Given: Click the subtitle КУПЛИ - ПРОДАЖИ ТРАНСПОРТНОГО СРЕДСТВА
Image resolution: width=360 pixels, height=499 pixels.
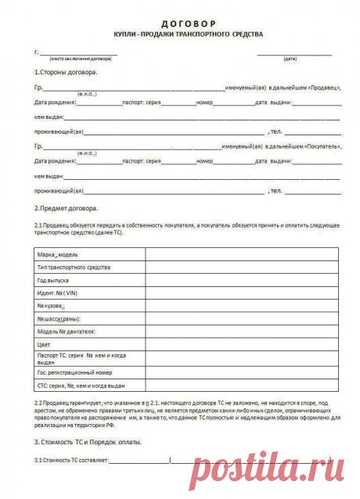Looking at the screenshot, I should (x=189, y=35).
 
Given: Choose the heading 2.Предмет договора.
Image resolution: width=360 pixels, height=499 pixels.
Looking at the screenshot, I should (x=67, y=209).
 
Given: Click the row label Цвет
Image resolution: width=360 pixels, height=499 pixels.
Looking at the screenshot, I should (x=45, y=344).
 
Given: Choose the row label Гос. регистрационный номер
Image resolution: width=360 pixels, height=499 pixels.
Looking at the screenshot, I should (x=75, y=373).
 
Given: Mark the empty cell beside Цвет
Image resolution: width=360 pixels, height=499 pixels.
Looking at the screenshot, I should (x=241, y=344).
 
